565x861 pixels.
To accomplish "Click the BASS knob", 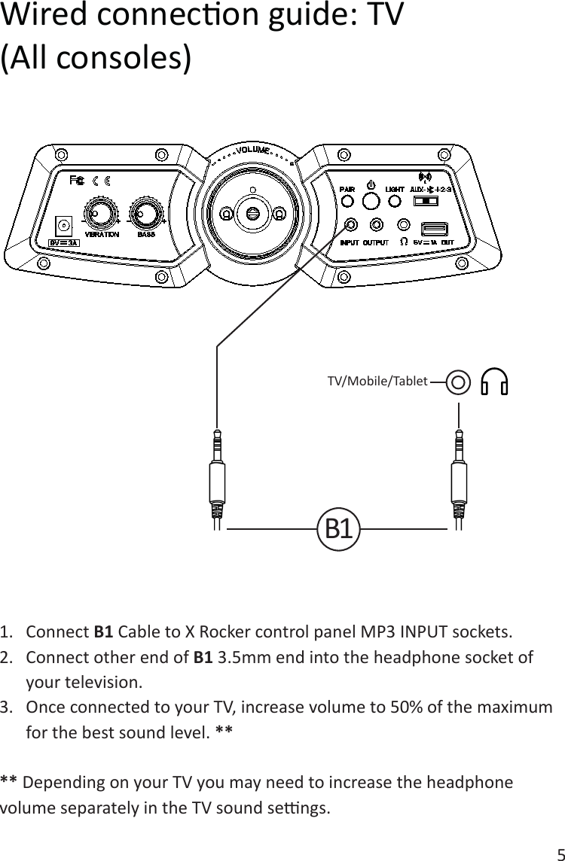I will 146,214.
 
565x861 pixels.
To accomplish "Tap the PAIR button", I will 347,202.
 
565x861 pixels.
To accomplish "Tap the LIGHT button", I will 395,202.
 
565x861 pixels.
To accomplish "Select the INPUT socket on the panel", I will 351,224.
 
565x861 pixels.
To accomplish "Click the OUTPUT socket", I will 377,224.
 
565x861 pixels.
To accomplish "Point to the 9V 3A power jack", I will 65,224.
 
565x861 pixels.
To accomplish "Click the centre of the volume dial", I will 252,214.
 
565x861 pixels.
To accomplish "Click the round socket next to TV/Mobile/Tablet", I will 460,382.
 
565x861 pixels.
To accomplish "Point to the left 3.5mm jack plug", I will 217,474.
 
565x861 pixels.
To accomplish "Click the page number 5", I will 557,853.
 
